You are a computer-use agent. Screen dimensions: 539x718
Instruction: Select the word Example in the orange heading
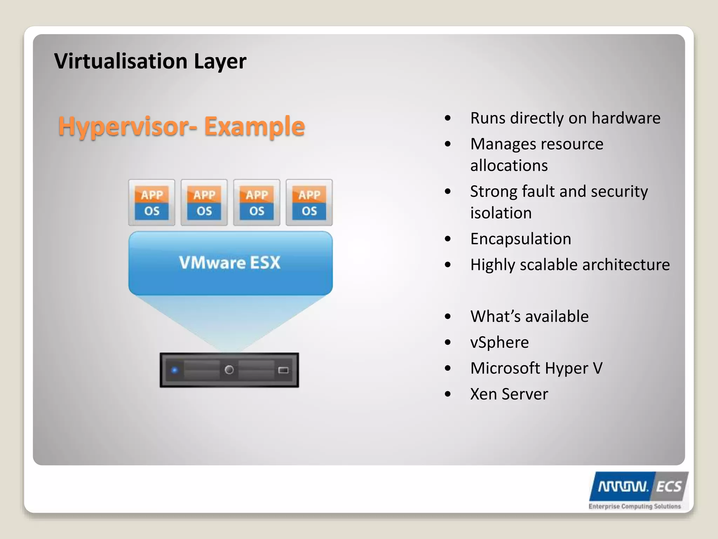click(x=255, y=126)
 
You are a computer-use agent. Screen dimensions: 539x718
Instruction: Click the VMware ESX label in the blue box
click(x=230, y=262)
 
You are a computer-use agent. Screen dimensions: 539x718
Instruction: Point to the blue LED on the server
click(x=175, y=370)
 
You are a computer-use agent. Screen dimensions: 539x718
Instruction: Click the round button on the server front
click(x=229, y=370)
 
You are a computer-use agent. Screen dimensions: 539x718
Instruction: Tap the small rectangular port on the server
click(x=283, y=370)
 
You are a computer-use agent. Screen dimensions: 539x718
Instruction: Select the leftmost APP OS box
click(x=152, y=202)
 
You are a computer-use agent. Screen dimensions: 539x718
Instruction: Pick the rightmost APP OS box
click(x=309, y=202)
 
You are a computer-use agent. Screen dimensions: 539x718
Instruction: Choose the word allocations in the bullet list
click(x=509, y=166)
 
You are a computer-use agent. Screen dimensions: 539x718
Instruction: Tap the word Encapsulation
click(x=521, y=239)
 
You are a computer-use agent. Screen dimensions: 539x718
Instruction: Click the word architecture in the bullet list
click(x=626, y=265)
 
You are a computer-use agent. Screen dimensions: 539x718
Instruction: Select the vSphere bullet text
click(x=499, y=342)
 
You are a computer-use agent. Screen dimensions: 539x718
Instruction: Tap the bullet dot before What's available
click(x=448, y=317)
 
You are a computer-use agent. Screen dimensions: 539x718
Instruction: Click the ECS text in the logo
click(x=669, y=487)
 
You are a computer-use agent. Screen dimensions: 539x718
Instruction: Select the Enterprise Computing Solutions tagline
click(x=635, y=506)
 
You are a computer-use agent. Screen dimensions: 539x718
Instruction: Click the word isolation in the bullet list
click(x=501, y=213)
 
